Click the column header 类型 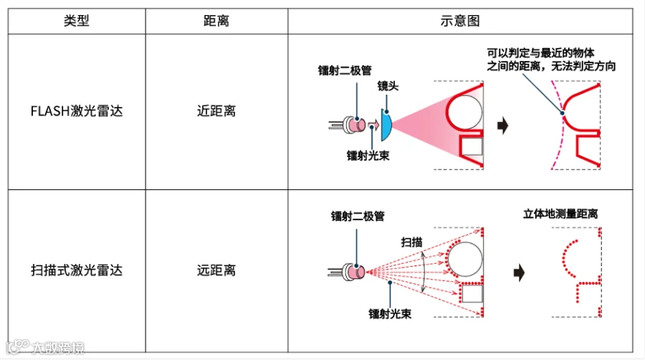[76, 20]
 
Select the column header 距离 [216, 20]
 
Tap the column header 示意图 [459, 20]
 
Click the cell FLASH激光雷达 [76, 111]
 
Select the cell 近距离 [216, 111]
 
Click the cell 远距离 [216, 270]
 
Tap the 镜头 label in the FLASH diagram [388, 86]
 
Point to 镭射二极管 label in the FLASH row [345, 70]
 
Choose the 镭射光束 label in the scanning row [390, 313]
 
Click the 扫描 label [411, 242]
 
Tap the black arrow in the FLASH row [502, 126]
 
